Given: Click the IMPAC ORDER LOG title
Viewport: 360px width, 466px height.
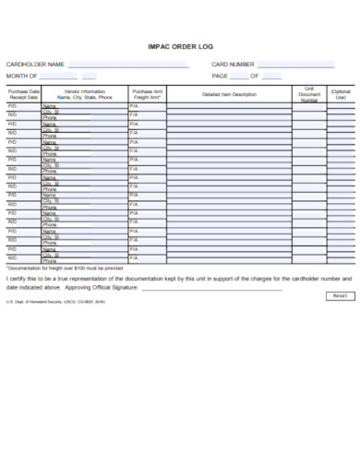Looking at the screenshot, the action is (x=180, y=45).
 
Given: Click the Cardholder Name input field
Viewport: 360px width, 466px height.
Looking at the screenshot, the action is (x=128, y=65).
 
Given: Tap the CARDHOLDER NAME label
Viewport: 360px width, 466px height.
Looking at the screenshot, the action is (x=35, y=65).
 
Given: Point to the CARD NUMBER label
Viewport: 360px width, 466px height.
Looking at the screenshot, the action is (x=233, y=65).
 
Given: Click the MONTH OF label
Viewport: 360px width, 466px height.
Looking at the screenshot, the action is (x=22, y=76).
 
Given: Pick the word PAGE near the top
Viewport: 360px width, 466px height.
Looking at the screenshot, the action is (x=220, y=76).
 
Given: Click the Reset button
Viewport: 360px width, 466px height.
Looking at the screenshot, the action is (x=339, y=296).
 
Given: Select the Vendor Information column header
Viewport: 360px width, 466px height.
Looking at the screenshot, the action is (x=86, y=94).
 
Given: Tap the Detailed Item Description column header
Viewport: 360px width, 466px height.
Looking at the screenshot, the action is (x=229, y=94).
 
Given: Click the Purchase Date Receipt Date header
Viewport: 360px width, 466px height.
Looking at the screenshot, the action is (x=23, y=94).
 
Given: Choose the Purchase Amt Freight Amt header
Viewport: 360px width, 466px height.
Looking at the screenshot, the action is (x=147, y=94).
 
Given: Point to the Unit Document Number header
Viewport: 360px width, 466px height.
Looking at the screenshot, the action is (x=309, y=94).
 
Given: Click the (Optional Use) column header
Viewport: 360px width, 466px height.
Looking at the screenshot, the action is (x=341, y=94).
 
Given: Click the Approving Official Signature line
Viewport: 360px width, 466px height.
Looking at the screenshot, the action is (x=212, y=289).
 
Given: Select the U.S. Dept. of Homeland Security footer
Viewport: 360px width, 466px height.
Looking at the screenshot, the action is (x=55, y=302).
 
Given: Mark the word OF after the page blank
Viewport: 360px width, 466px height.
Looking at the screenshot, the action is (x=254, y=76).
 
